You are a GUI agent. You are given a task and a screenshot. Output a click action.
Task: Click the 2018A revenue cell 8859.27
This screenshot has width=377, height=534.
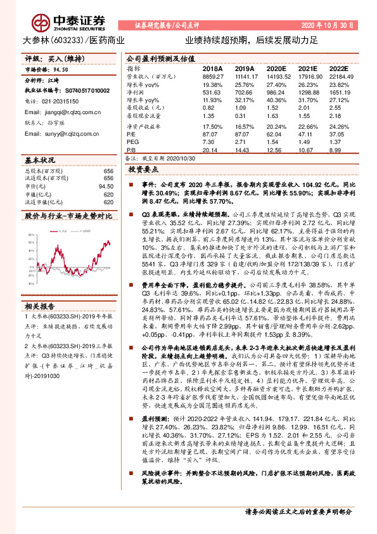tap(214, 75)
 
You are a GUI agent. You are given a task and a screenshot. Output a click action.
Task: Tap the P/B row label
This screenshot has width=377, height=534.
tap(131, 151)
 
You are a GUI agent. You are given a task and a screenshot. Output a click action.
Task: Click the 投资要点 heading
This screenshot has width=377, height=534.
tap(143, 171)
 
